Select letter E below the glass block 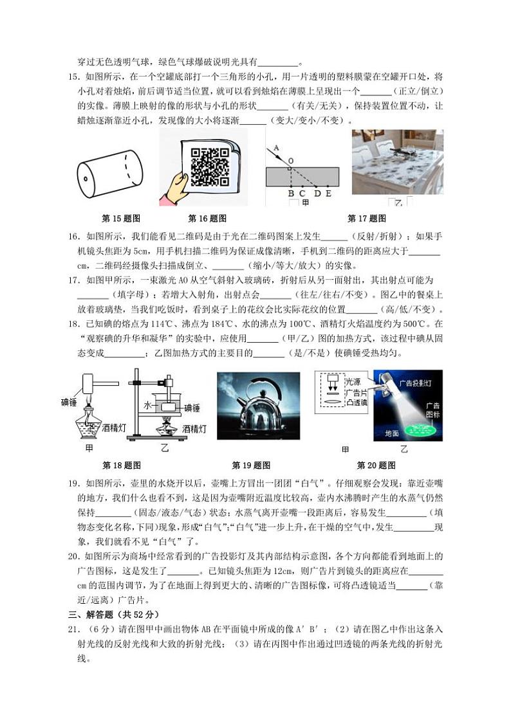tap(328, 193)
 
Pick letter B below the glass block tap(291, 193)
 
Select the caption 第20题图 tap(376, 465)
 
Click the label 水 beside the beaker tap(147, 406)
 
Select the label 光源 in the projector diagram tap(353, 382)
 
